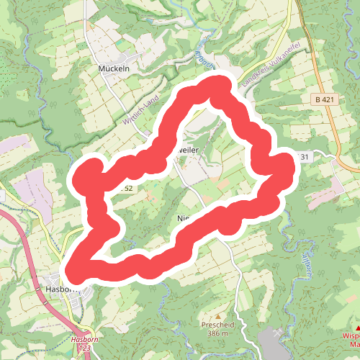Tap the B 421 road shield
tap(325, 99)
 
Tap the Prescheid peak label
tap(218, 325)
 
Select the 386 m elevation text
tap(218, 334)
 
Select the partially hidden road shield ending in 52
tap(127, 188)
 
